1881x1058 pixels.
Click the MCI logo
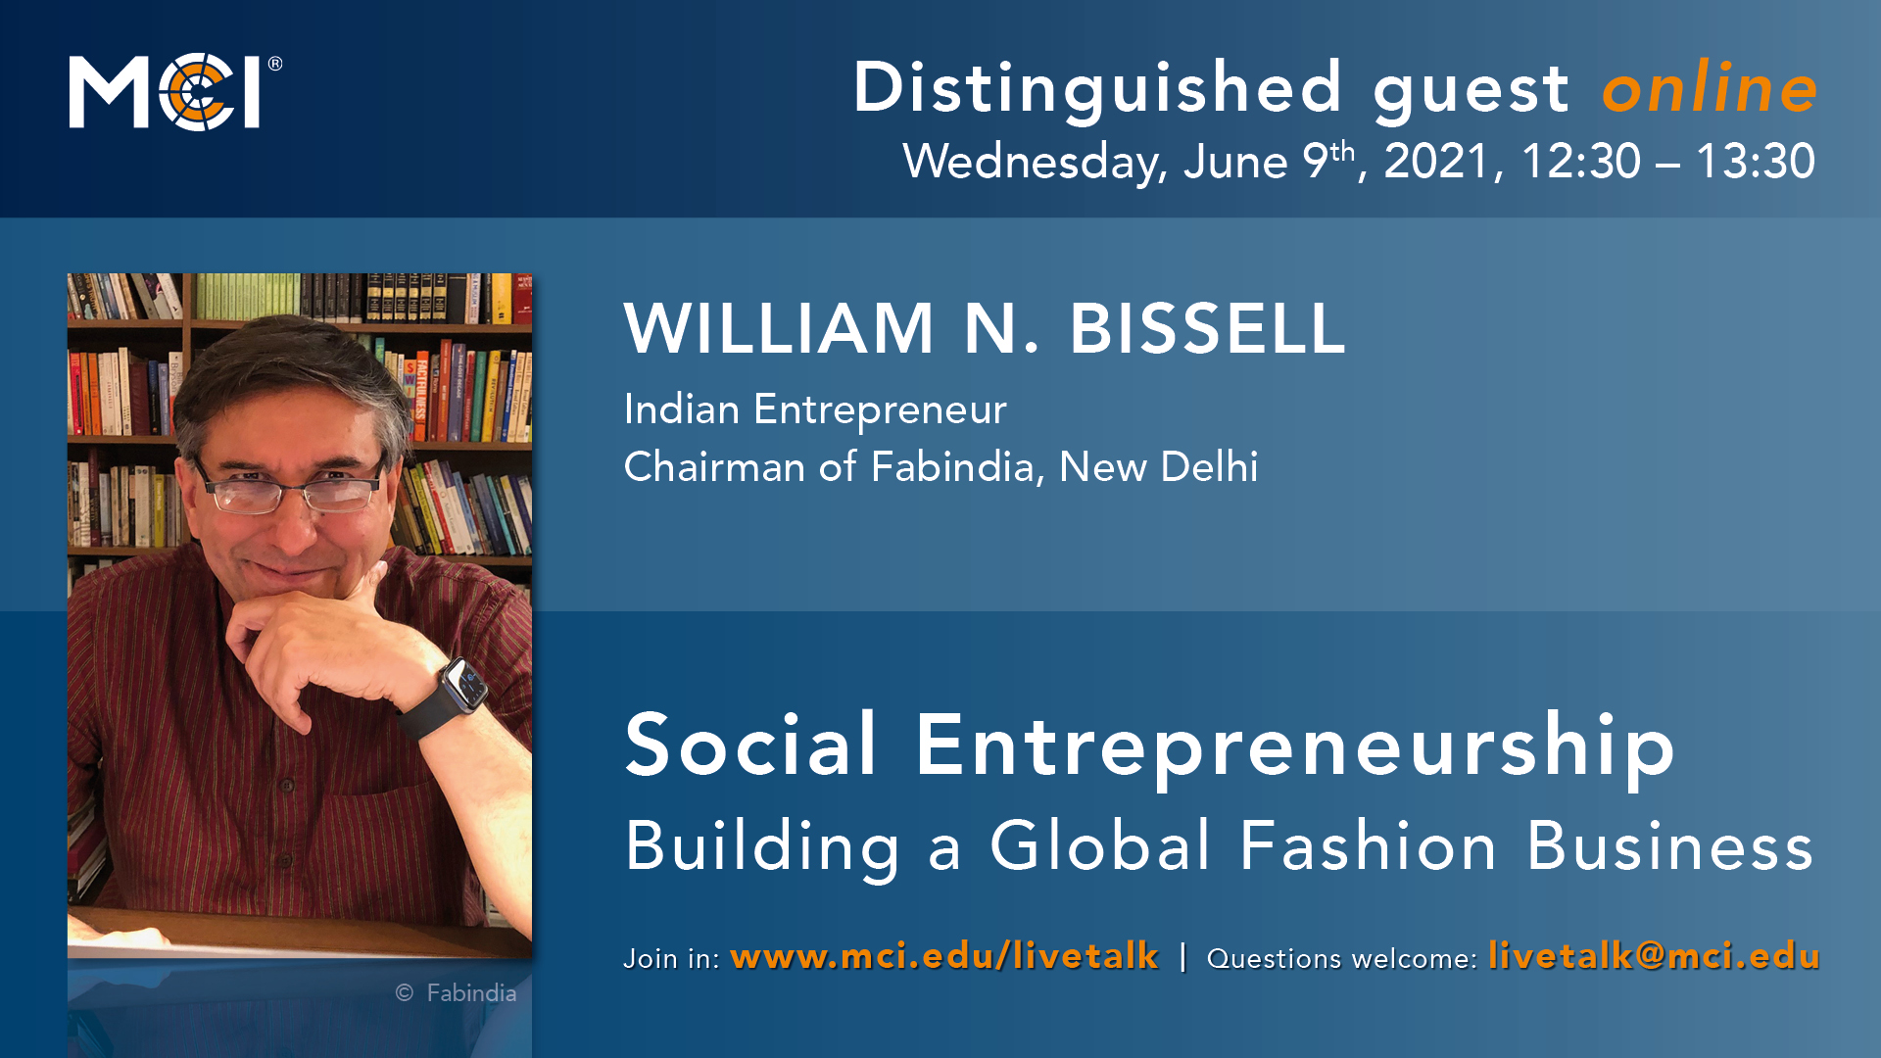coord(174,92)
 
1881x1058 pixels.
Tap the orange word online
coord(1710,88)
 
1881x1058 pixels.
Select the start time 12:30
coord(1580,161)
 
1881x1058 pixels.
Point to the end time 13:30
coord(1756,161)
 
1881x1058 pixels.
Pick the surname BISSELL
coord(1207,328)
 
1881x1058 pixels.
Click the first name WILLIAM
coord(780,328)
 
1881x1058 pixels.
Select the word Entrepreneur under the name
coord(880,409)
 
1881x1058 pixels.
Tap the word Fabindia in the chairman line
coord(952,466)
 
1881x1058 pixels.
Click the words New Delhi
coord(1158,466)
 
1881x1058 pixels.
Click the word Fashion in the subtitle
coord(1368,845)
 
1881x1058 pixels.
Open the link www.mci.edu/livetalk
coord(944,956)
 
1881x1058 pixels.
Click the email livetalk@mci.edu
coord(1654,956)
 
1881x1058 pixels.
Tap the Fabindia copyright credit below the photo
coord(456,992)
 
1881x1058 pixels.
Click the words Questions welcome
coord(1340,958)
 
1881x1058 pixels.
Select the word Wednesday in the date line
coord(1035,162)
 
